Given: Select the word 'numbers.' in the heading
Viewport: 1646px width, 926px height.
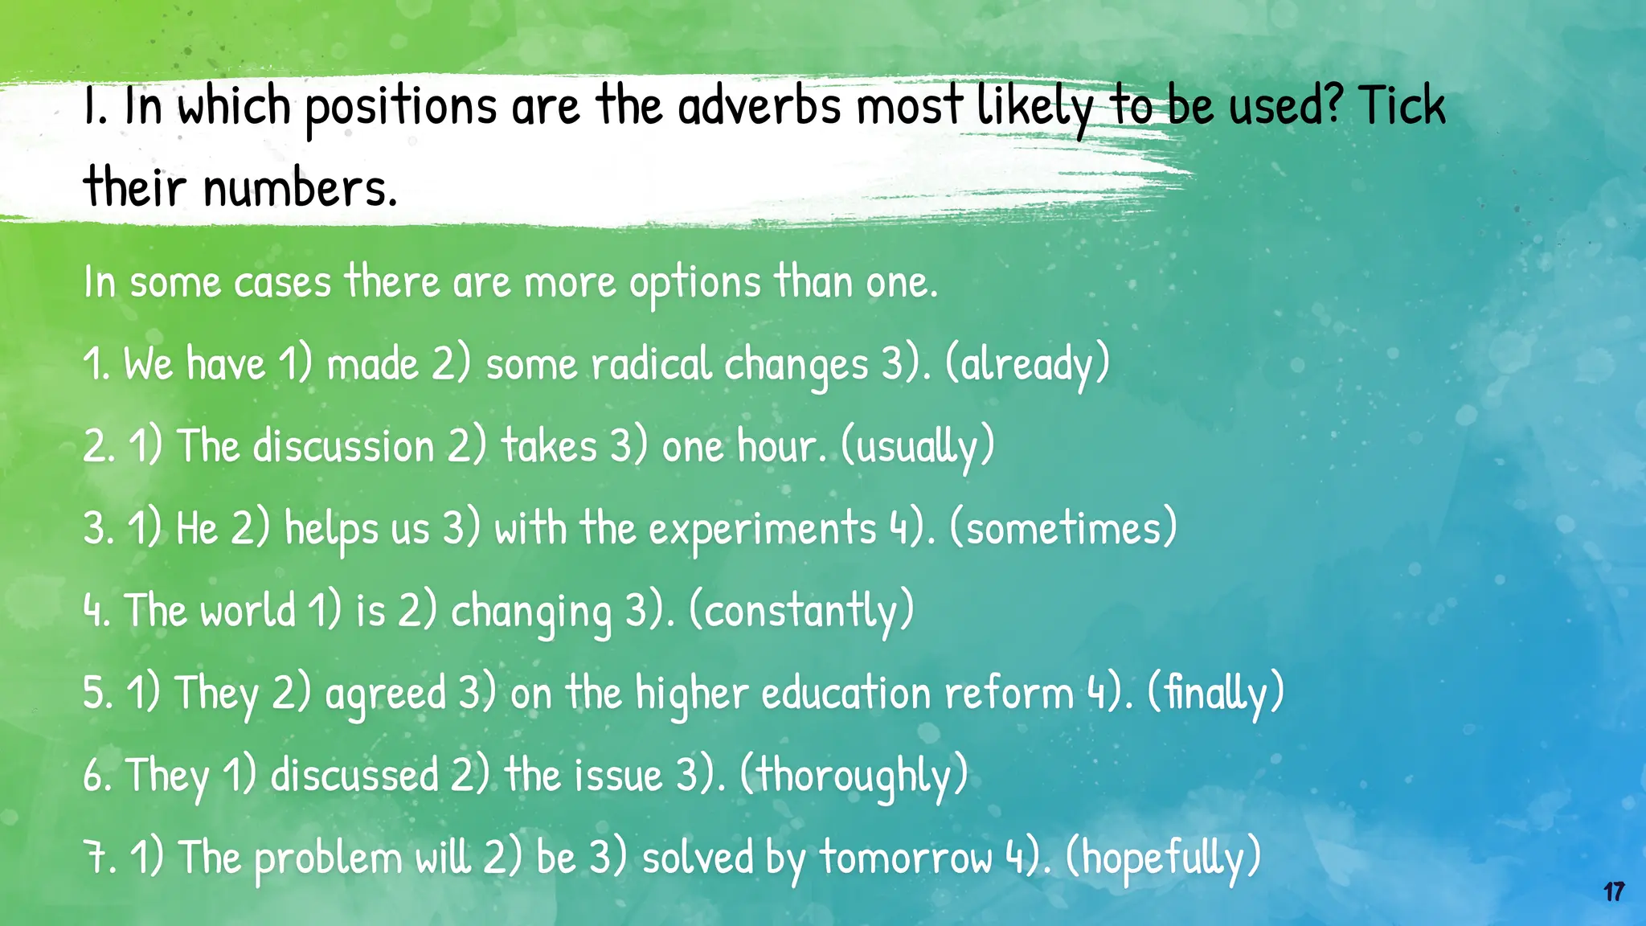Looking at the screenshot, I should coord(300,187).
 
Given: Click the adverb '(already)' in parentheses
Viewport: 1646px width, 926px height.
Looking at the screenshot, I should coord(1027,364).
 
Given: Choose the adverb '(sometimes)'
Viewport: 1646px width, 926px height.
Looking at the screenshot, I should coord(1063,529).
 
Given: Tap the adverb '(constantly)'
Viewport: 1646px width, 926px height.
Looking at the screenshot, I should coord(802,611).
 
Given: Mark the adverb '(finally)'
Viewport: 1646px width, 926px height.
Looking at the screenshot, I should coord(1215,693).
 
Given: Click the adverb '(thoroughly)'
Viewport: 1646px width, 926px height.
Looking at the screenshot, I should coord(854,776).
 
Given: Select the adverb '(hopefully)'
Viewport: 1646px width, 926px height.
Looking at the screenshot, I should coord(1163,858).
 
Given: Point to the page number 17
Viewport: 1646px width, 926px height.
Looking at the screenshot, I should coord(1614,892).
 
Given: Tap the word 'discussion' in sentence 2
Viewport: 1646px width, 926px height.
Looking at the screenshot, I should coord(344,447).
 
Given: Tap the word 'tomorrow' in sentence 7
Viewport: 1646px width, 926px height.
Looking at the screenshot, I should coord(907,858).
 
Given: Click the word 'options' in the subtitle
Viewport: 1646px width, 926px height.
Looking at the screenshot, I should coord(694,283).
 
